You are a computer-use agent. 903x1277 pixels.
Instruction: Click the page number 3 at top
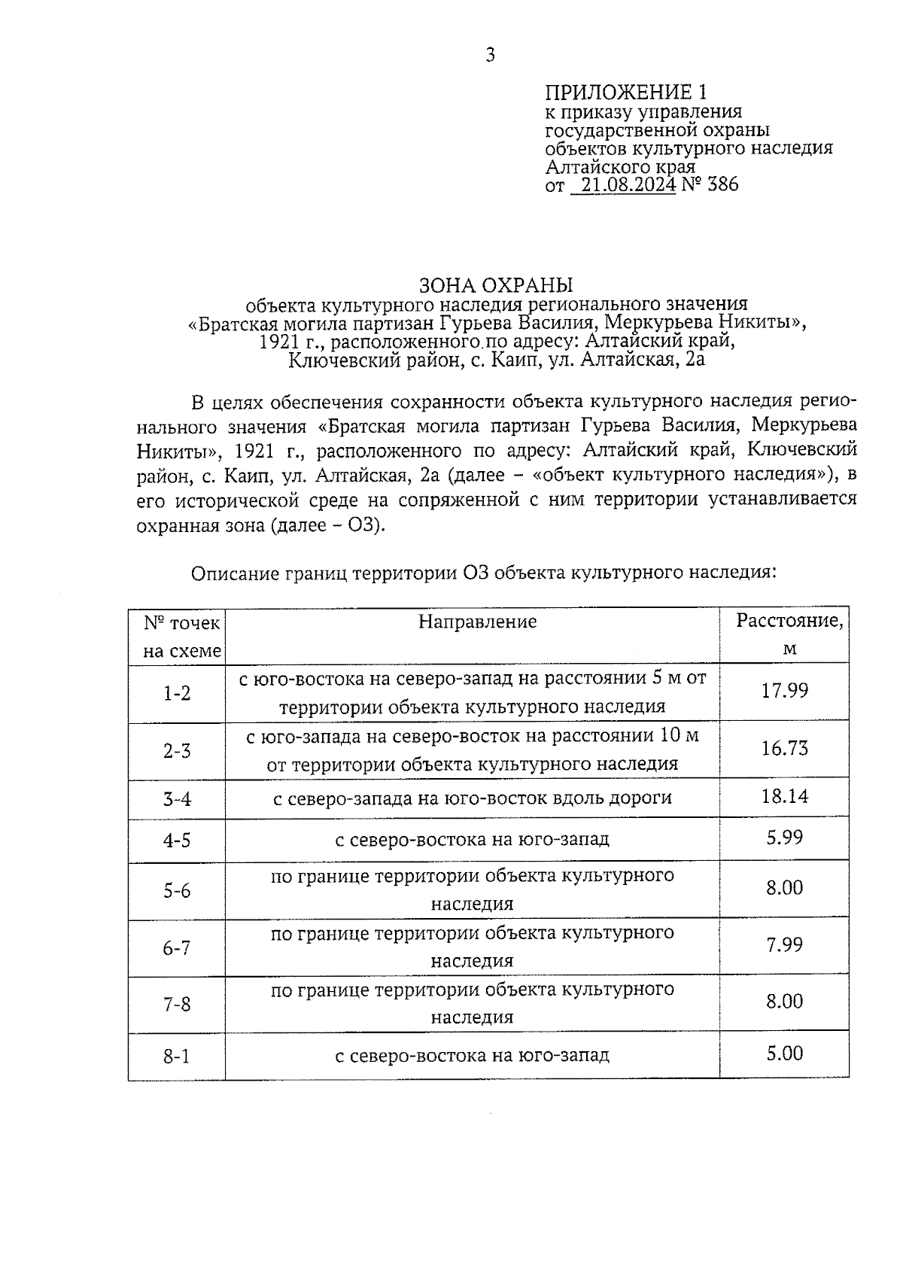pyautogui.click(x=490, y=55)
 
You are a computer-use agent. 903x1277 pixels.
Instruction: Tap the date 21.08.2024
pyautogui.click(x=628, y=184)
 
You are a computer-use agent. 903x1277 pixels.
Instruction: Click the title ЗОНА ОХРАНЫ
pyautogui.click(x=496, y=285)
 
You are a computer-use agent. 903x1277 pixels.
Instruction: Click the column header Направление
pyautogui.click(x=478, y=622)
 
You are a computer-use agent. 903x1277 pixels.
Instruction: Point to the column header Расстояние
pyautogui.click(x=789, y=622)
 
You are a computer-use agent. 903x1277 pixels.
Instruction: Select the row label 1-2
pyautogui.click(x=178, y=693)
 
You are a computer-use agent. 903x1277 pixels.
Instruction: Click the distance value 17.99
pyautogui.click(x=784, y=691)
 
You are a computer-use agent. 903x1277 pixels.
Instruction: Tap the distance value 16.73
pyautogui.click(x=784, y=748)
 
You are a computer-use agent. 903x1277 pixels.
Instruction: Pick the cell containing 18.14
pyautogui.click(x=784, y=796)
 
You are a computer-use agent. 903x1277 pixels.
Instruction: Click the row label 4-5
pyautogui.click(x=178, y=841)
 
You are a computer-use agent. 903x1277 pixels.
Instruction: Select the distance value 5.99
pyautogui.click(x=785, y=837)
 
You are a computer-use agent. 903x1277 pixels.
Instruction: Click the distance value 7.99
pyautogui.click(x=785, y=944)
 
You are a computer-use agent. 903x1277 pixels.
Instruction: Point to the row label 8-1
pyautogui.click(x=178, y=1057)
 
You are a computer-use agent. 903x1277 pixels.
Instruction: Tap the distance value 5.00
pyautogui.click(x=785, y=1053)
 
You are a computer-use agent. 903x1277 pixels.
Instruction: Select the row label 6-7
pyautogui.click(x=178, y=948)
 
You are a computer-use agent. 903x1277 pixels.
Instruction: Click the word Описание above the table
pyautogui.click(x=233, y=573)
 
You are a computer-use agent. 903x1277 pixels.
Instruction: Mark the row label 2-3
pyautogui.click(x=178, y=750)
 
